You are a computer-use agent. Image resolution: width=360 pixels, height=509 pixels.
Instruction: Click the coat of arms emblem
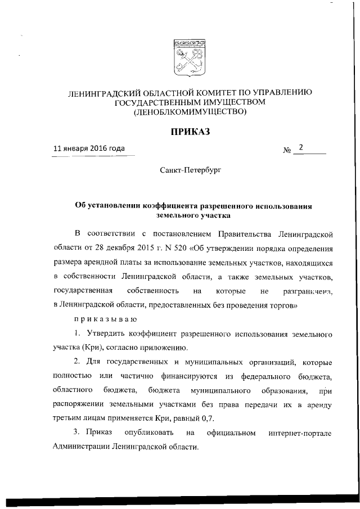tap(188, 58)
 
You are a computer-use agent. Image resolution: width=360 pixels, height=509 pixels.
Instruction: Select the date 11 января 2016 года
tap(89, 149)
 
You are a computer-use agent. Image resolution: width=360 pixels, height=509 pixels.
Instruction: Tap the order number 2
tap(301, 148)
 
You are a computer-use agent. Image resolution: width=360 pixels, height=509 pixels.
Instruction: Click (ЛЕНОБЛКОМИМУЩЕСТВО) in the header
tap(190, 112)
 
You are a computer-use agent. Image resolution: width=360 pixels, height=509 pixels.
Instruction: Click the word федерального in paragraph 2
tap(259, 376)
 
